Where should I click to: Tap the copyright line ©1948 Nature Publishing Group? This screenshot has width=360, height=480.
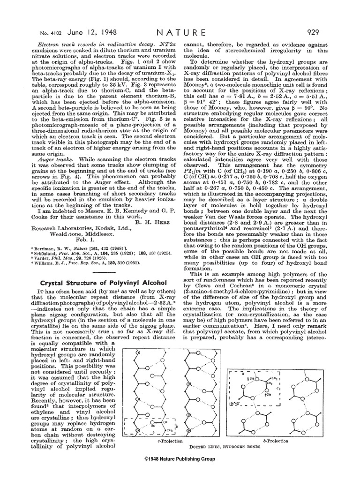[180, 459]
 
